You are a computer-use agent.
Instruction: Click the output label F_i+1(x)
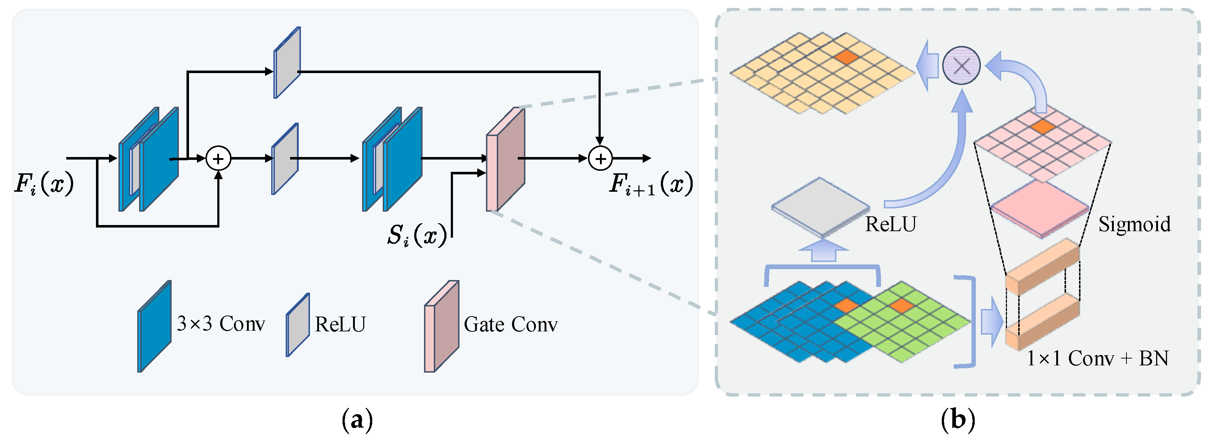(x=651, y=183)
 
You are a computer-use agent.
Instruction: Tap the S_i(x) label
(x=417, y=235)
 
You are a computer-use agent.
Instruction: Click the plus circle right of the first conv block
(x=218, y=158)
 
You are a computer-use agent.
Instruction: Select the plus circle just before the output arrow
(x=600, y=158)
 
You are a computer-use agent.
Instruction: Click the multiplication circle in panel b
(x=961, y=65)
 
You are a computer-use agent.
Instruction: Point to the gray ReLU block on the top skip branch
(x=287, y=63)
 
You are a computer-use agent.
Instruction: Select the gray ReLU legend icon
(x=298, y=325)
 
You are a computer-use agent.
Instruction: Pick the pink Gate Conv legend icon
(x=442, y=326)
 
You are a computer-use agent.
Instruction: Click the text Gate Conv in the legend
(x=511, y=324)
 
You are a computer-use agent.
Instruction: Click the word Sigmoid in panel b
(x=1134, y=224)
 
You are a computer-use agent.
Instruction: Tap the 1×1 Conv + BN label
(x=1097, y=359)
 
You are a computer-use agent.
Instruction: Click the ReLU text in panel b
(x=890, y=224)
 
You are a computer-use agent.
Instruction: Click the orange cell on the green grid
(x=901, y=306)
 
